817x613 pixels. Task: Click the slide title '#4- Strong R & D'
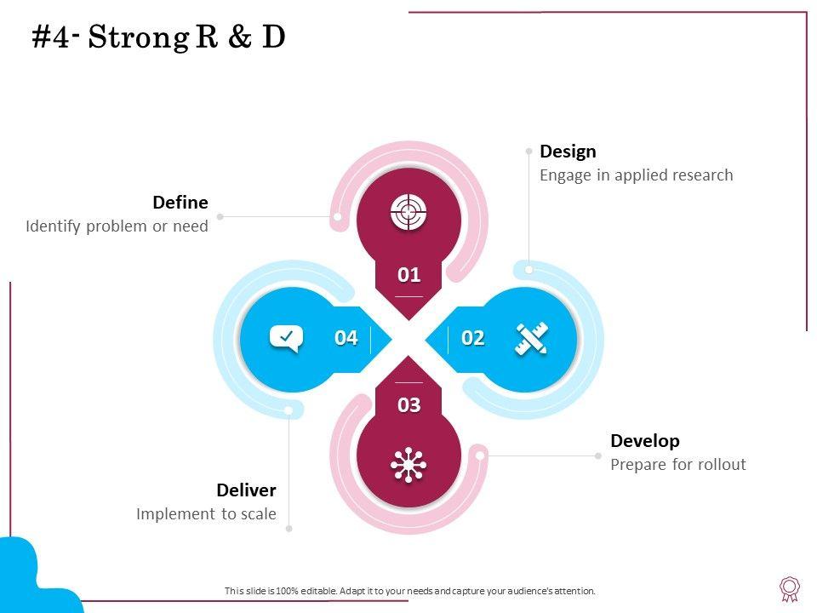tap(158, 37)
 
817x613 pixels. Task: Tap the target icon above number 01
tap(408, 212)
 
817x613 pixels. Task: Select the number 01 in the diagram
tap(409, 275)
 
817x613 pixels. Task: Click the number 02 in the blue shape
tap(472, 338)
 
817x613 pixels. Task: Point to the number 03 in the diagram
tap(409, 405)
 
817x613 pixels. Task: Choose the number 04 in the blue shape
tap(346, 338)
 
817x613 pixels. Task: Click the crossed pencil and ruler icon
tap(531, 338)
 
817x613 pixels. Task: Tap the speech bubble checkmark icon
tap(286, 338)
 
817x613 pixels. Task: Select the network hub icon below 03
tap(408, 464)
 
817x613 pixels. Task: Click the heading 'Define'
tap(180, 203)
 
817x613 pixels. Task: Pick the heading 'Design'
tap(568, 152)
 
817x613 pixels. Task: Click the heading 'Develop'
tap(645, 441)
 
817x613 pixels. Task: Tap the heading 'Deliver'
tap(246, 490)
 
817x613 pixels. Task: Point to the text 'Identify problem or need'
tap(117, 226)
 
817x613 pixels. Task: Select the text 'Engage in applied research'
tap(637, 175)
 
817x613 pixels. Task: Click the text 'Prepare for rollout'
tap(678, 465)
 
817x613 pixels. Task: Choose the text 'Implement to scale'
tap(206, 514)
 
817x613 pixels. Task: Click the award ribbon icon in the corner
tap(790, 588)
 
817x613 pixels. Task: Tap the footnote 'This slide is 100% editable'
tap(409, 591)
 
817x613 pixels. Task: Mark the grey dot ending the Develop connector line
tap(598, 455)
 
